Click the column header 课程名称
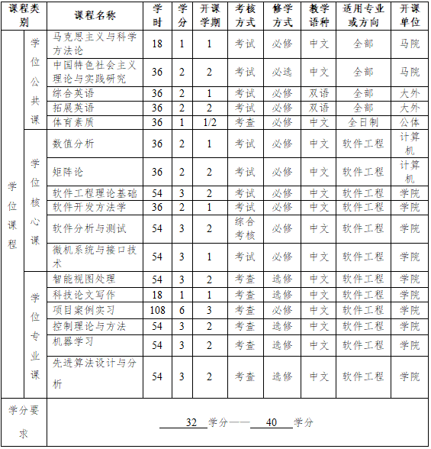[x=95, y=15]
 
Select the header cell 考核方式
[x=245, y=15]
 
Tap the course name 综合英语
[x=73, y=93]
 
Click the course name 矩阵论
[x=69, y=172]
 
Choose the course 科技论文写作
[x=84, y=295]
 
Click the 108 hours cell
[x=157, y=310]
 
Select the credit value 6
[x=182, y=310]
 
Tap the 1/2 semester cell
[x=209, y=122]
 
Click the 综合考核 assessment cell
[x=245, y=228]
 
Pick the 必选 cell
[x=282, y=72]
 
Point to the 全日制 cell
[x=363, y=122]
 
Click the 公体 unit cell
[x=410, y=122]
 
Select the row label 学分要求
[x=24, y=422]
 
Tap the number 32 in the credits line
[x=191, y=422]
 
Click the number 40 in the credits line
[x=273, y=422]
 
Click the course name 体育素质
[x=73, y=122]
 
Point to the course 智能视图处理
[x=84, y=279]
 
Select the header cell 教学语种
[x=320, y=15]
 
